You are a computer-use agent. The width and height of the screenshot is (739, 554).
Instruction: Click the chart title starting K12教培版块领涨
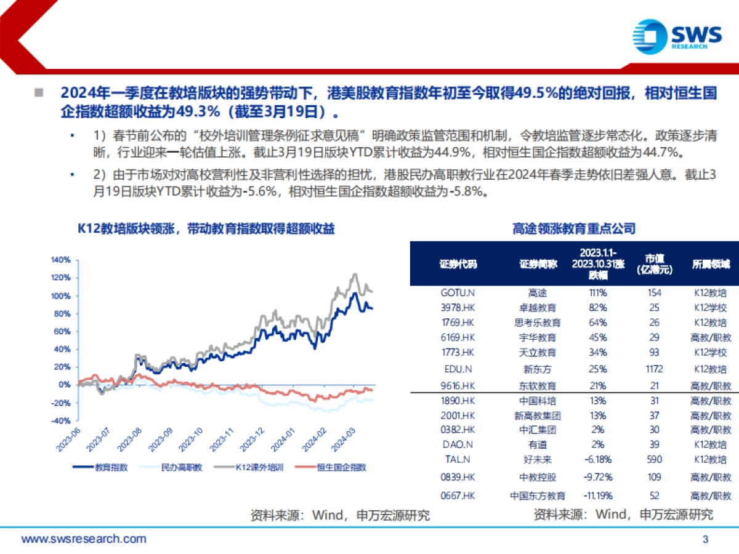point(206,228)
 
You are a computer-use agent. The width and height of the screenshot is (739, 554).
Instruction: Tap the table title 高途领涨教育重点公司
point(573,228)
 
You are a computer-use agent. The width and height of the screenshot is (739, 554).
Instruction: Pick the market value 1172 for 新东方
point(655,369)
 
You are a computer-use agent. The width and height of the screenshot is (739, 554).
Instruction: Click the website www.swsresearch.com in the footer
point(84,540)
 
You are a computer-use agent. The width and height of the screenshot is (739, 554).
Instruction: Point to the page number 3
point(706,540)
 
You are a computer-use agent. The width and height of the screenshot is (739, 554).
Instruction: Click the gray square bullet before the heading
point(39,93)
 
